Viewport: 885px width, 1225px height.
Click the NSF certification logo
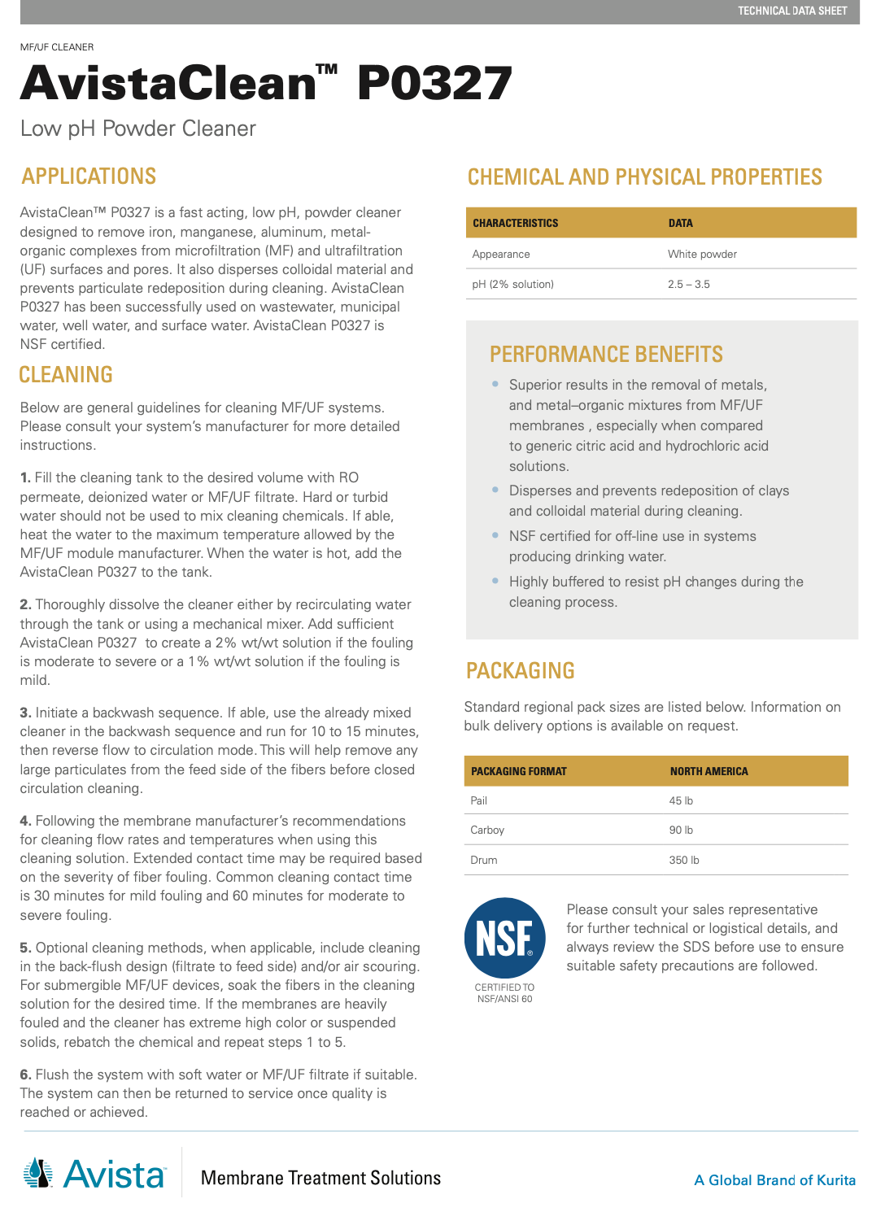coord(504,938)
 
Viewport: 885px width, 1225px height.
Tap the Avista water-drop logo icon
coord(38,1174)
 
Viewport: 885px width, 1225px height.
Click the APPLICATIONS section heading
coord(89,177)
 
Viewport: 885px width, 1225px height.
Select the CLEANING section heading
coord(66,375)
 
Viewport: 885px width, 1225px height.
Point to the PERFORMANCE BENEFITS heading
coord(606,355)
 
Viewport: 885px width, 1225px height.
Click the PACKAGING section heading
coord(520,671)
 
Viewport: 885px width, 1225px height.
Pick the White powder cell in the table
coord(702,254)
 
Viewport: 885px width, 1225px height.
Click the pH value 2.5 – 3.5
coord(688,284)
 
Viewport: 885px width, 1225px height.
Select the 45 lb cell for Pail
coord(681,800)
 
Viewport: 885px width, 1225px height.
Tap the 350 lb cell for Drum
coord(683,860)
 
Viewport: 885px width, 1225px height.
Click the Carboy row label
coord(487,830)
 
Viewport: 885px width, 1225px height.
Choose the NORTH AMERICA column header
coord(708,771)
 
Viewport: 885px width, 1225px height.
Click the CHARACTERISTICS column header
coord(515,223)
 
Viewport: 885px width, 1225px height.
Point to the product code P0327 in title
coord(434,84)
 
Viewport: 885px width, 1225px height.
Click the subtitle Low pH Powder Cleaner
coord(138,129)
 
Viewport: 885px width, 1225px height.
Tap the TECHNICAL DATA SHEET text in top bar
coord(791,11)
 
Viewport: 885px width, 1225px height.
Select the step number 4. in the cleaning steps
coord(25,821)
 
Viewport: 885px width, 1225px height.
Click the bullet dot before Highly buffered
coord(495,581)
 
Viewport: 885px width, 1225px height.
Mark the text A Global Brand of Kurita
coord(774,1180)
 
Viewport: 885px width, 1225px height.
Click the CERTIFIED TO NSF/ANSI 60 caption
coord(504,993)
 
